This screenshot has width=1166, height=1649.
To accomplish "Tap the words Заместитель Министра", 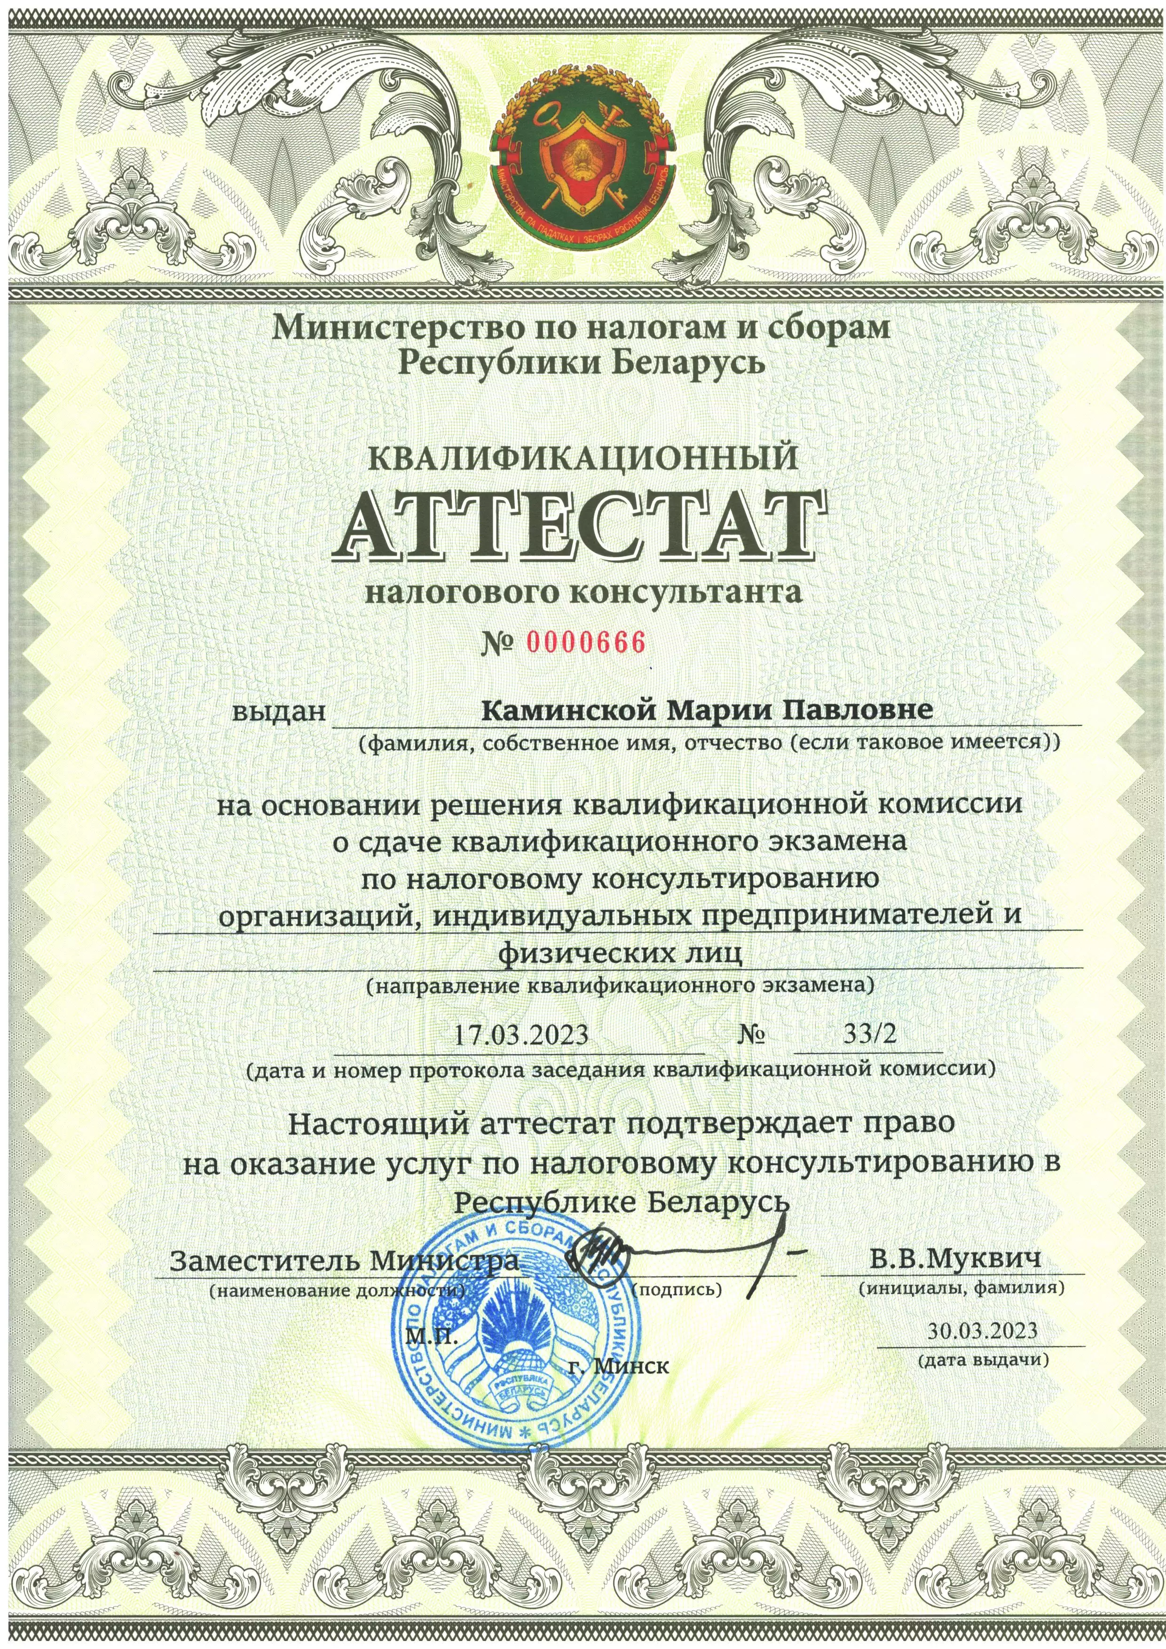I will (x=345, y=1261).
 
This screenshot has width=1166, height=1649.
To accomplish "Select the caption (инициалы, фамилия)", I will (x=961, y=1288).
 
